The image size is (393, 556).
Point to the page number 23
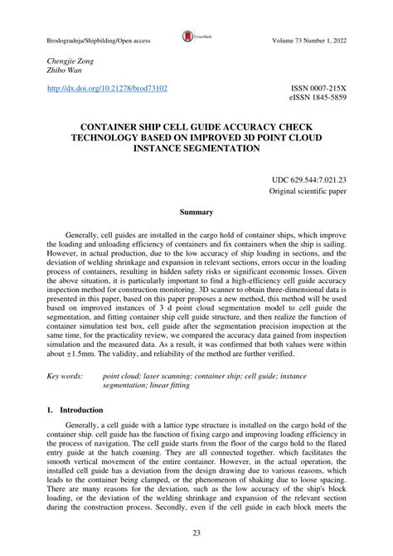(196, 533)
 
